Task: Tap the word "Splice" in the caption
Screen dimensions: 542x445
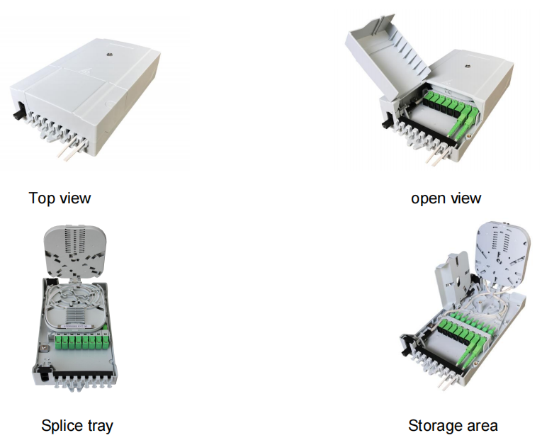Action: tap(60, 426)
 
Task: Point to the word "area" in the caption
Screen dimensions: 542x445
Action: tap(484, 426)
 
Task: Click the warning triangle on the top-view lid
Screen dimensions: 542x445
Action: tap(84, 72)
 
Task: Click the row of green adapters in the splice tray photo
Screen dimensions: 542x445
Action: tap(81, 342)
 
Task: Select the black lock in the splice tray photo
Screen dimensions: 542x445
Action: tap(43, 373)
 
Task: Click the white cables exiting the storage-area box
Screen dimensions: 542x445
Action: tap(444, 383)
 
